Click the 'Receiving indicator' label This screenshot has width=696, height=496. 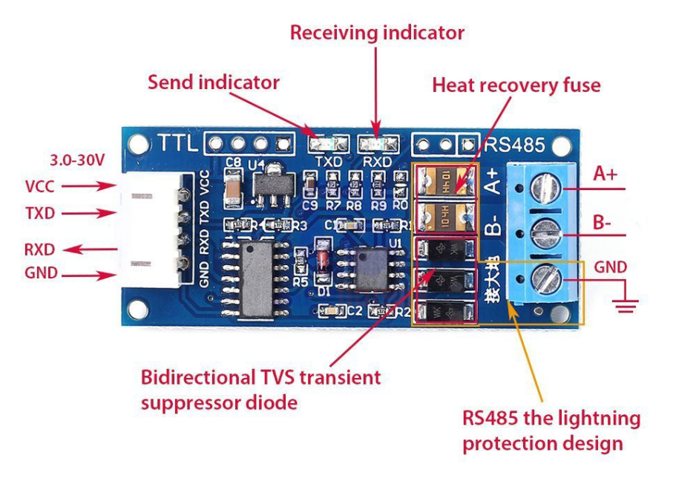[377, 33]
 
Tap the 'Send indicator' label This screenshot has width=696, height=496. [213, 82]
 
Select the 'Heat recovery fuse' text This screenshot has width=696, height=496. [516, 85]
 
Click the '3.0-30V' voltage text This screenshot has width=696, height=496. [76, 160]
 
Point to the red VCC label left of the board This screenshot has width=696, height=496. [40, 186]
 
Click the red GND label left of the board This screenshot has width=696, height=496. [41, 273]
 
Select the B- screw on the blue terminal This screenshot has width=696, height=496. [547, 232]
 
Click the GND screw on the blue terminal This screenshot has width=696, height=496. [547, 278]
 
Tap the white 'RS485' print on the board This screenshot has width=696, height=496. [514, 144]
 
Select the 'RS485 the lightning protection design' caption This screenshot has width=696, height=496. [551, 431]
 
